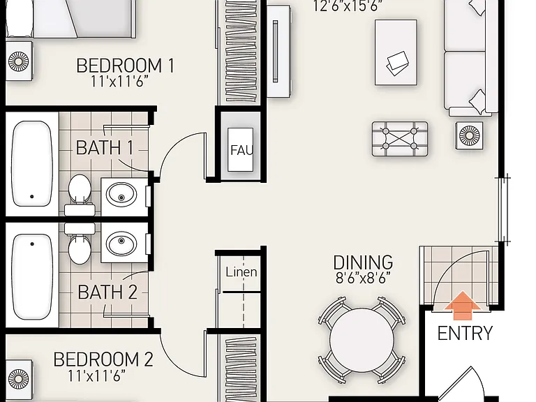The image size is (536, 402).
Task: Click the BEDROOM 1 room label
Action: pos(125,66)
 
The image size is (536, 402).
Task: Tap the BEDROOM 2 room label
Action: pos(103,359)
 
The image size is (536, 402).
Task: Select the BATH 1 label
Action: pos(104,148)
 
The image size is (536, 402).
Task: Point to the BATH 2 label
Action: pos(107,292)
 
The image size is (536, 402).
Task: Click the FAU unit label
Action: pos(241,150)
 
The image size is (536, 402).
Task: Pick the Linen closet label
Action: pos(241,272)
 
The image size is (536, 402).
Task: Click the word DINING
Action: pos(363,262)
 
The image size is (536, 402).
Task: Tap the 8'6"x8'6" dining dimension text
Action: pos(363,278)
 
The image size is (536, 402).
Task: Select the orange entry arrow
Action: pos(463,305)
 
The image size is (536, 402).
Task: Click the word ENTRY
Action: pos(465,333)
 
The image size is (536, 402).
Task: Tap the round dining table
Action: pos(362,340)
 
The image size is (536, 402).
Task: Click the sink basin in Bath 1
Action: pos(121,195)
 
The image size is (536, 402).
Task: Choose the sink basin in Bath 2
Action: pos(121,244)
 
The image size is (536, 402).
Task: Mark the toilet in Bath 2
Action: pos(80,244)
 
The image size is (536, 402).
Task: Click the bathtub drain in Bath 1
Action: pos(32,197)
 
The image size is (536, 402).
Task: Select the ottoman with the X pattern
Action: pos(400,139)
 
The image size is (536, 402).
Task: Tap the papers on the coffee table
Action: pos(397,64)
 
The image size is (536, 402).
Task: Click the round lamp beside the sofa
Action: pos(469,135)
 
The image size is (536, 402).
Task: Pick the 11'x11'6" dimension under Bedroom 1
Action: pos(119,82)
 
